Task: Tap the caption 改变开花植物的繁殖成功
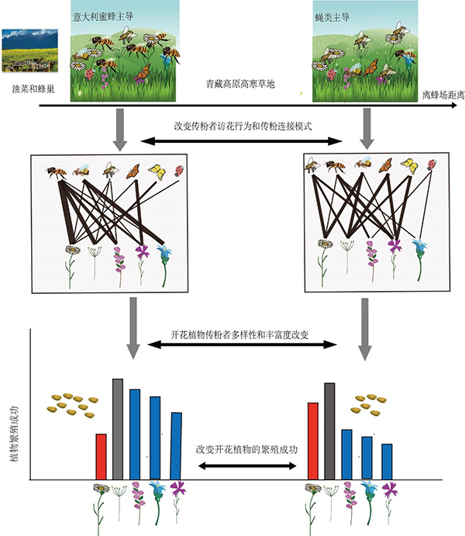pos(247,449)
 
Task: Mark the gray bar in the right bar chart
pos(329,431)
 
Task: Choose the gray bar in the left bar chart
pos(118,428)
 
